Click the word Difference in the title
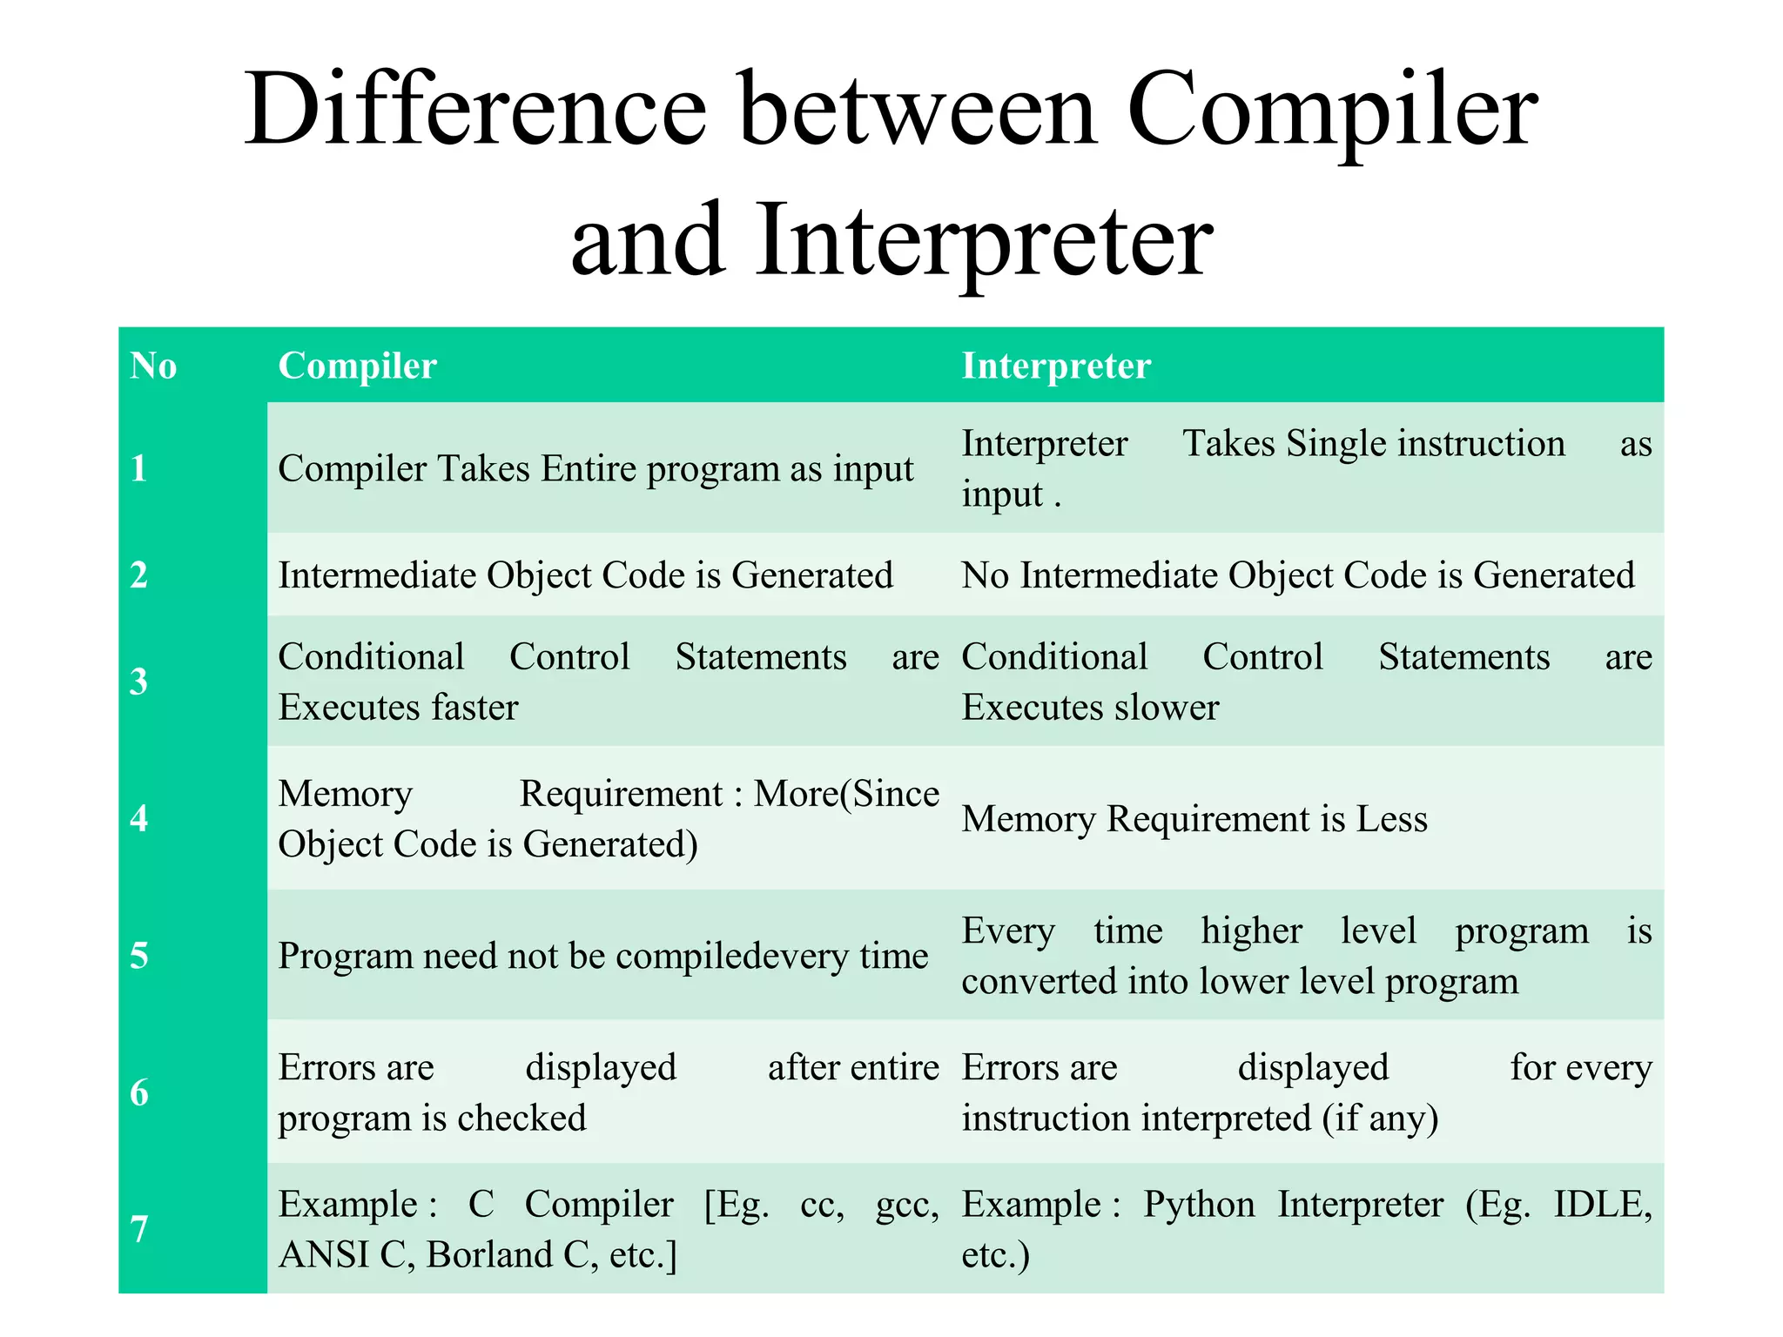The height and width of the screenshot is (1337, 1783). click(474, 111)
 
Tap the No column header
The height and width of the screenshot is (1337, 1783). click(153, 366)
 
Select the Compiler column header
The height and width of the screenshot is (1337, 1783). click(357, 366)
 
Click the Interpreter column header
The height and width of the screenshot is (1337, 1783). click(1056, 366)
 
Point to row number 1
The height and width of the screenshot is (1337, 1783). click(139, 468)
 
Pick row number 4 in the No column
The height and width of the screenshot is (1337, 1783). click(139, 818)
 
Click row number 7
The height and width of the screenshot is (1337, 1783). click(139, 1229)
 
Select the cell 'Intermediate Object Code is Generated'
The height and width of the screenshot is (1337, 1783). click(585, 575)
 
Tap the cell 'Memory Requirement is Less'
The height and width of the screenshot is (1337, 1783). click(1194, 819)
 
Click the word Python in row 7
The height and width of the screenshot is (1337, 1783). click(1199, 1205)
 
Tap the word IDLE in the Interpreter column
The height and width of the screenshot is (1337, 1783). click(1602, 1205)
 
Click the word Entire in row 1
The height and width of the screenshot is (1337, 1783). click(589, 469)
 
